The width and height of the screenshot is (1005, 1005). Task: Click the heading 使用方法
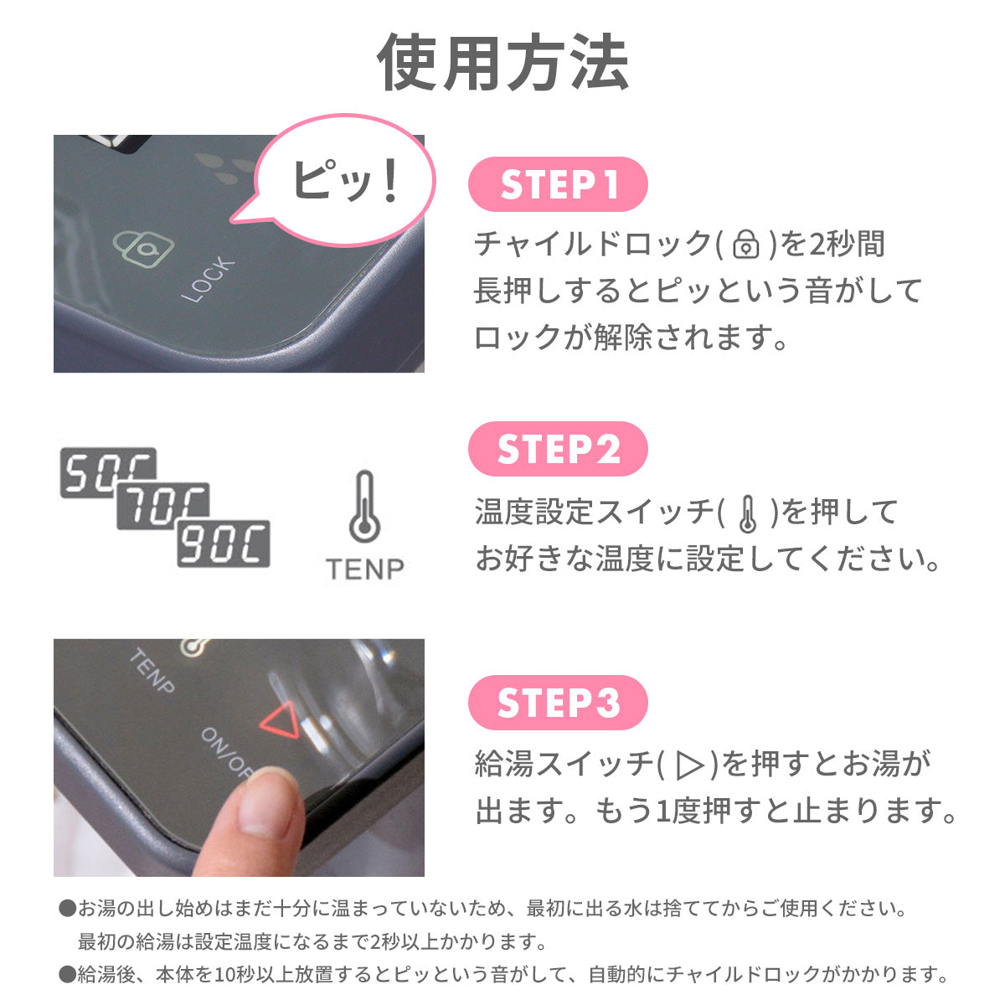(x=502, y=63)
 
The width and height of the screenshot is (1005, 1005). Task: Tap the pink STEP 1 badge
(x=558, y=184)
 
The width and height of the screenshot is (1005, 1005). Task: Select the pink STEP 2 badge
(x=558, y=449)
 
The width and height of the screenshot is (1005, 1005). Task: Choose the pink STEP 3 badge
(x=558, y=703)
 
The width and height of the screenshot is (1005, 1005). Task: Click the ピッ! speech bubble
(x=344, y=180)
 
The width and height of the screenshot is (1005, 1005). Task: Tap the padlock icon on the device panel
(x=143, y=250)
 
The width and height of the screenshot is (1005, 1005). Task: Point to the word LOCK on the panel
(x=208, y=280)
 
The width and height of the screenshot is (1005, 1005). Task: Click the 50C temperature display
(x=108, y=472)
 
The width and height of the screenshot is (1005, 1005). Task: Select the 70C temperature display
(x=162, y=505)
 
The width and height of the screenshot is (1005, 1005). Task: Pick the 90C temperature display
(x=224, y=544)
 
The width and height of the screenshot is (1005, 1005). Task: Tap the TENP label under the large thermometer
(x=364, y=569)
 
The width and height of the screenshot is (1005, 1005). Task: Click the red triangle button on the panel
(x=281, y=719)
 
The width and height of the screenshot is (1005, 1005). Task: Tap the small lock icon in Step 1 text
(x=746, y=244)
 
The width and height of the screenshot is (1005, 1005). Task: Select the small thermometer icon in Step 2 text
(x=748, y=513)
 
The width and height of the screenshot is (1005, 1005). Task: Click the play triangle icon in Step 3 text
(x=689, y=765)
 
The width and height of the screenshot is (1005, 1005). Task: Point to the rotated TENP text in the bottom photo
(x=152, y=671)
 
